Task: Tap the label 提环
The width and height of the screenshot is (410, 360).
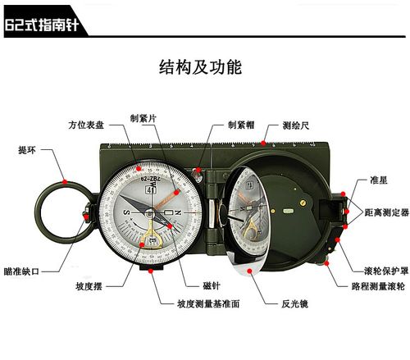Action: [x=26, y=150]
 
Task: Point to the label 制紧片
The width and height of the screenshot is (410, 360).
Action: [x=143, y=116]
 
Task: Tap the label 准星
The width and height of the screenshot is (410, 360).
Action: [x=367, y=180]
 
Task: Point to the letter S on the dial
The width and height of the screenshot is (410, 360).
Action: [x=125, y=211]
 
